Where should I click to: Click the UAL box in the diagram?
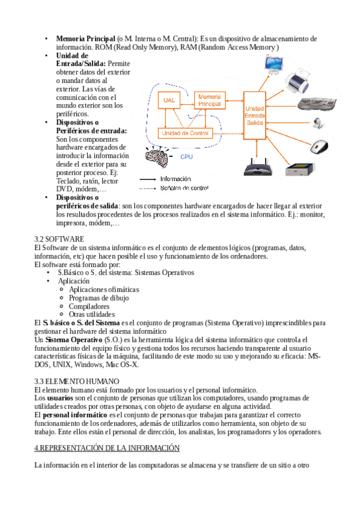(x=169, y=100)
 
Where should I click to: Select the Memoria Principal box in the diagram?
(x=210, y=100)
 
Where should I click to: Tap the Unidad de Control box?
(x=185, y=133)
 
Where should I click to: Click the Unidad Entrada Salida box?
(x=255, y=115)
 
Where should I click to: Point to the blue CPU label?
(x=186, y=157)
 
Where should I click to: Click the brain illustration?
(x=157, y=156)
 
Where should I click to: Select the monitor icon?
(x=273, y=64)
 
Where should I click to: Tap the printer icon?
(x=297, y=80)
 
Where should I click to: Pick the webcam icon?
(x=318, y=123)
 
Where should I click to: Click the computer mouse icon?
(x=319, y=147)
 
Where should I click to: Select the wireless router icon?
(x=258, y=167)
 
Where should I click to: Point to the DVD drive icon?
(x=299, y=169)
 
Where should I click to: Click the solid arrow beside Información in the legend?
(x=148, y=179)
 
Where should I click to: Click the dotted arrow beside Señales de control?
(x=148, y=188)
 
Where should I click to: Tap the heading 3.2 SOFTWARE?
(x=59, y=239)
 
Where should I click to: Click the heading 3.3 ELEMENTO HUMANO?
(x=77, y=381)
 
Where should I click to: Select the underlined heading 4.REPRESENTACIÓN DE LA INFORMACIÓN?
(x=107, y=448)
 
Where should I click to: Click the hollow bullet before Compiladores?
(x=61, y=306)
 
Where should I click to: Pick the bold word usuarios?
(x=60, y=398)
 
